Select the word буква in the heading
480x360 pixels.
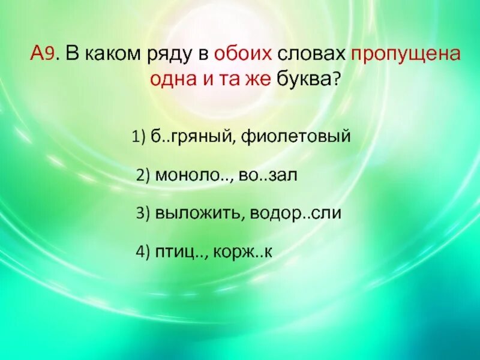(303, 79)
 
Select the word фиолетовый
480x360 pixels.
(296, 137)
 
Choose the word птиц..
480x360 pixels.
(178, 253)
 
